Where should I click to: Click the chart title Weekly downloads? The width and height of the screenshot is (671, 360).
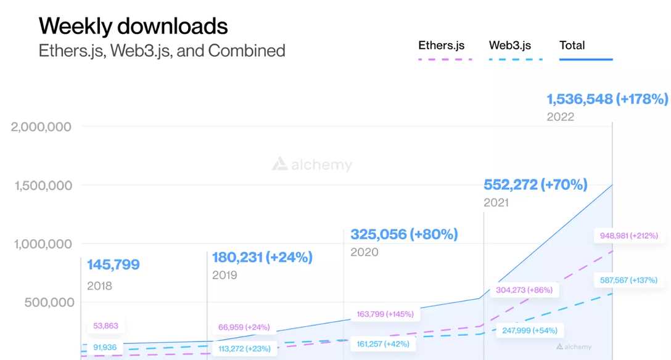click(133, 26)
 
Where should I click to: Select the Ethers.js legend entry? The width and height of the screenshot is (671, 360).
click(441, 46)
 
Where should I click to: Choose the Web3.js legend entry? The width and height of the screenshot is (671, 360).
click(509, 46)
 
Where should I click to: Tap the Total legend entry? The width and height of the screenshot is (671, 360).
click(572, 46)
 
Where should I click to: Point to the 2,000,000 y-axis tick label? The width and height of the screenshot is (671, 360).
click(41, 127)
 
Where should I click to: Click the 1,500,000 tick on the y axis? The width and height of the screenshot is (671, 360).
click(41, 186)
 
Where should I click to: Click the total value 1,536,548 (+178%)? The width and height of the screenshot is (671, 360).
click(607, 99)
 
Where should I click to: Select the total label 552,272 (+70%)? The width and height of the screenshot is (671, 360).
click(535, 185)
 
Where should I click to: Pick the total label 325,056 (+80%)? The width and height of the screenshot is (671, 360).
click(404, 235)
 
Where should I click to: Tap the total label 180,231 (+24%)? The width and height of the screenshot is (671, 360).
click(262, 258)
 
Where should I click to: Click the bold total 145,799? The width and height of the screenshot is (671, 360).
click(113, 265)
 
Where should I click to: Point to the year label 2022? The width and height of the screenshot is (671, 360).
click(560, 117)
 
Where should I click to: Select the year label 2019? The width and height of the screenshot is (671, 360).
click(224, 275)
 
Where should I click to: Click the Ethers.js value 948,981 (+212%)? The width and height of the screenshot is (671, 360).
click(628, 235)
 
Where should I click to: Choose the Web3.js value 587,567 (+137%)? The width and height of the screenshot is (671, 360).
click(628, 280)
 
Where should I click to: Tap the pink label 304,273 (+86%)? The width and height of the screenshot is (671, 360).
click(524, 290)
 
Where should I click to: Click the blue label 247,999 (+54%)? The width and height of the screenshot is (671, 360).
click(529, 330)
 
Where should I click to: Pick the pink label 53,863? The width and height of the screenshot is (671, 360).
click(105, 326)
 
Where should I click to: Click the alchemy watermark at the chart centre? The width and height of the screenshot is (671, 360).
click(313, 165)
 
